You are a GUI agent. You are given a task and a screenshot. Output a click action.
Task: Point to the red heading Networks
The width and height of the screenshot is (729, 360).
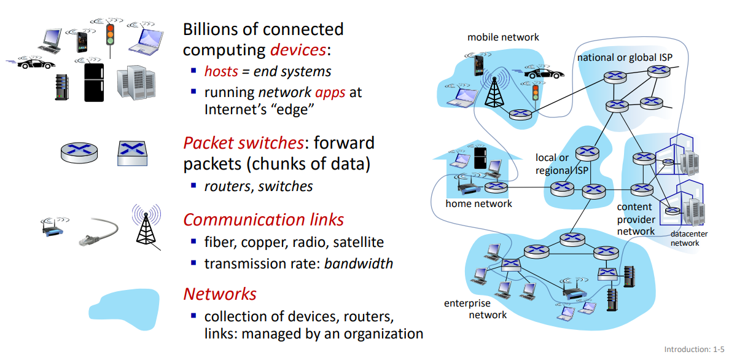[x=219, y=294]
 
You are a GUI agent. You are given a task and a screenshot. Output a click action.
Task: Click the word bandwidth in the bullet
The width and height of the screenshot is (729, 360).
[x=358, y=264]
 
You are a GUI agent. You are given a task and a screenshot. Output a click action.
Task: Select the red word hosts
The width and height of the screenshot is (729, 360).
[x=220, y=71]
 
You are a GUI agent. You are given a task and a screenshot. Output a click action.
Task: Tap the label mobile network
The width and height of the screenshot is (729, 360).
[x=502, y=37]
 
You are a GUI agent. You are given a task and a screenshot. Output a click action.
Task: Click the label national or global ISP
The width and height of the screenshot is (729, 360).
[x=624, y=57]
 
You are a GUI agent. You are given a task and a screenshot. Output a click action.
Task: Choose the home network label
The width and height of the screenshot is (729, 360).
[x=478, y=203]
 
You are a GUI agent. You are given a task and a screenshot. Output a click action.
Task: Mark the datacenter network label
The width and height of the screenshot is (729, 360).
[x=684, y=238]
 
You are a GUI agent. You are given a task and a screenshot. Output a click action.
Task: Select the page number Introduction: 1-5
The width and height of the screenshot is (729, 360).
[x=694, y=349]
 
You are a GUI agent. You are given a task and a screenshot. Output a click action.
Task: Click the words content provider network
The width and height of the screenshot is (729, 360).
[x=636, y=219]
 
